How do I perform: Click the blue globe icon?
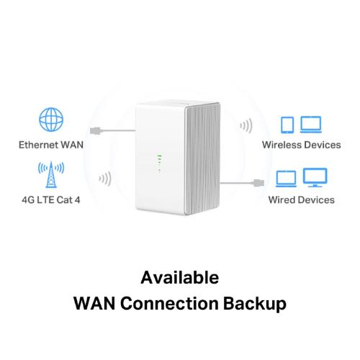[x=51, y=120]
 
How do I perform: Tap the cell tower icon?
[x=51, y=174]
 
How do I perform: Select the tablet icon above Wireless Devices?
[x=287, y=125]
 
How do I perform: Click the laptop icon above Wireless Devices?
[x=311, y=125]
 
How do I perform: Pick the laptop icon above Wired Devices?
[x=286, y=179]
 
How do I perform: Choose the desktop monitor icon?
[x=315, y=178]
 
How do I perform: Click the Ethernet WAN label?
[x=51, y=145]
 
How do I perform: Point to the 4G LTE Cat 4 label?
[x=51, y=200]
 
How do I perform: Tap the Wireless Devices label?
[x=302, y=145]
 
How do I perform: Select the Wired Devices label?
[x=302, y=200]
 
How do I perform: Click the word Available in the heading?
[x=180, y=278]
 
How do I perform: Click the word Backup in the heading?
[x=255, y=304]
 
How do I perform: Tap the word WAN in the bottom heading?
[x=94, y=304]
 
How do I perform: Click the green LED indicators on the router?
[x=159, y=163]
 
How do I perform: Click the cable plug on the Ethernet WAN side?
[x=96, y=131]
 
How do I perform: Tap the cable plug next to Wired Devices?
[x=258, y=183]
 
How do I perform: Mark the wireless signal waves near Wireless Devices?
[x=246, y=125]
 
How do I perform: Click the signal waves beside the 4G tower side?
[x=105, y=179]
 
